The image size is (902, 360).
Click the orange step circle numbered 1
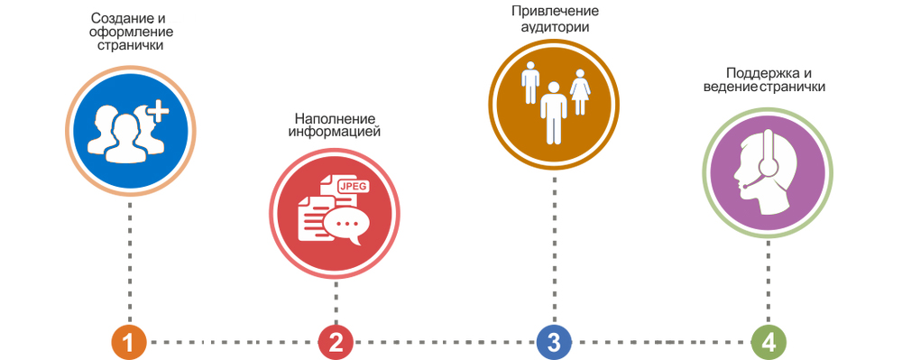pyautogui.click(x=129, y=342)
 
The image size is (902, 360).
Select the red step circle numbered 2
pyautogui.click(x=336, y=342)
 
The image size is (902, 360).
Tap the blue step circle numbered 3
pyautogui.click(x=553, y=342)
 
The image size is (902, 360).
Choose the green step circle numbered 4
pyautogui.click(x=769, y=342)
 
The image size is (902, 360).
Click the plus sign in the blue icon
pyautogui.click(x=158, y=111)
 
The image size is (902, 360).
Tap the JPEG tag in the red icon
pyautogui.click(x=353, y=186)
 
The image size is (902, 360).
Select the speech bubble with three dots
pyautogui.click(x=345, y=223)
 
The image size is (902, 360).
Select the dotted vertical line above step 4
pyautogui.click(x=769, y=280)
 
